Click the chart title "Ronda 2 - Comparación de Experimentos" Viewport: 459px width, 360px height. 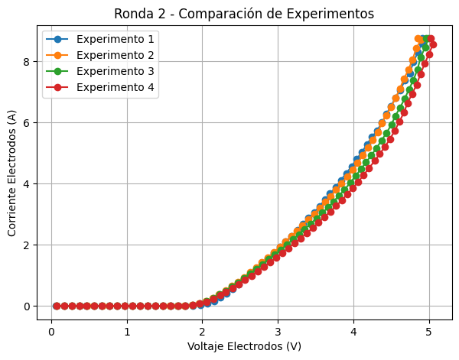[244, 14]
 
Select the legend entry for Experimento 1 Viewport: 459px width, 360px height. [116, 39]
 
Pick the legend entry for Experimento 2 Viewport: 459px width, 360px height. [116, 55]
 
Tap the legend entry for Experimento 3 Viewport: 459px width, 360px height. [116, 71]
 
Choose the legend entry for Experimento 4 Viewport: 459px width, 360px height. [116, 87]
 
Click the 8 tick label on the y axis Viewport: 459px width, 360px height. [26, 61]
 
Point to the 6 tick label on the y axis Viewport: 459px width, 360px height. [26, 122]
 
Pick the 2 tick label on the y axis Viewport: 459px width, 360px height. [26, 245]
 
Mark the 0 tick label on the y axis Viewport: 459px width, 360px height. [26, 306]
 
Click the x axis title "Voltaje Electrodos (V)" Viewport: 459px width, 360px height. [244, 346]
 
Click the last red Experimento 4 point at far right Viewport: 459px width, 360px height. [433, 44]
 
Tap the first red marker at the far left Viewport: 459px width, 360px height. [56, 306]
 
